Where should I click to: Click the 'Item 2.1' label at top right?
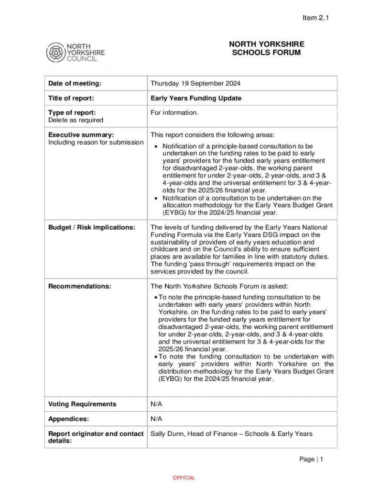[x=316, y=18]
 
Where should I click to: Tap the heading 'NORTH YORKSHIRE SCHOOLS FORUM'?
[x=266, y=48]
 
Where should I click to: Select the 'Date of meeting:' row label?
[x=75, y=83]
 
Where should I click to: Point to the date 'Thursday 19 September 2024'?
[x=195, y=83]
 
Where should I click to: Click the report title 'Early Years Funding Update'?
[x=196, y=98]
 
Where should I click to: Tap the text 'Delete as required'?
[x=76, y=120]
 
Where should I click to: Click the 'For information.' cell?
[x=174, y=113]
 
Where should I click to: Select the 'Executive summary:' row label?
[x=81, y=134]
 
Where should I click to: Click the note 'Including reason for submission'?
[x=96, y=142]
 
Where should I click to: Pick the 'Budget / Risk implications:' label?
[x=92, y=227]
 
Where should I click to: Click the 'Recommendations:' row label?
[x=79, y=286]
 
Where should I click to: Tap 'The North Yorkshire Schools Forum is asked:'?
[x=219, y=286]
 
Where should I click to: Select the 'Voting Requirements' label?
[x=82, y=404]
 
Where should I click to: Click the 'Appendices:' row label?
[x=68, y=419]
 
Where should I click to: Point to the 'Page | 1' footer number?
[x=311, y=459]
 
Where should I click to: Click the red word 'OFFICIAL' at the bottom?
[x=184, y=478]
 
